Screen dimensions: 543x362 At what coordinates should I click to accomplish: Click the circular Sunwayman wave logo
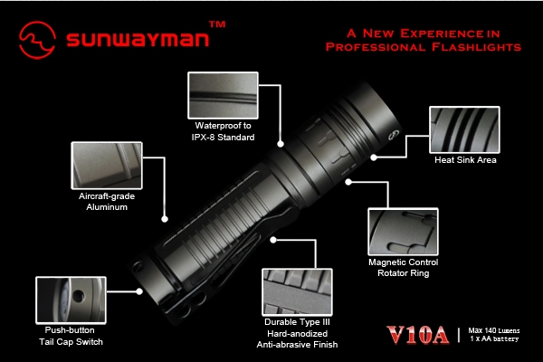coord(37,40)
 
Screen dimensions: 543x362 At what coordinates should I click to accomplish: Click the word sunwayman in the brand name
coord(138,38)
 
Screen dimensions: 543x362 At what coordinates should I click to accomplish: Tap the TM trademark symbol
coord(217,24)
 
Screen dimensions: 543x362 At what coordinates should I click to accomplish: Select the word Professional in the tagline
coord(376,47)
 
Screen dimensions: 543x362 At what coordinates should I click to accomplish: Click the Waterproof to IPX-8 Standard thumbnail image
coord(223,95)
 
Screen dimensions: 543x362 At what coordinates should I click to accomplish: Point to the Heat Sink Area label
coord(465,159)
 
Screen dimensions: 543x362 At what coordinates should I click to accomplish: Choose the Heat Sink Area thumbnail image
coord(464,129)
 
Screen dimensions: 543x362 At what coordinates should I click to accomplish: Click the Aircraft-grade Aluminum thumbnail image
coord(107,166)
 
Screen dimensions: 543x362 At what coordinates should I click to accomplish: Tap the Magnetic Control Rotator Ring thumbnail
coord(403,232)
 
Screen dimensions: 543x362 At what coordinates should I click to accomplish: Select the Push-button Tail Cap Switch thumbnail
coord(71,300)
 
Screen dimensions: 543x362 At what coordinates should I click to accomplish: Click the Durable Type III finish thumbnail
coord(297,292)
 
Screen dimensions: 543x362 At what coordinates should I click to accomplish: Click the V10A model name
coord(418,335)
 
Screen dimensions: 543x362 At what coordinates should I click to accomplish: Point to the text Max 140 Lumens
coord(494,330)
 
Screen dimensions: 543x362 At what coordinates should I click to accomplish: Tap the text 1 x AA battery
coord(494,338)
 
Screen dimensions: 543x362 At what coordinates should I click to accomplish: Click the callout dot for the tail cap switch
coord(139,291)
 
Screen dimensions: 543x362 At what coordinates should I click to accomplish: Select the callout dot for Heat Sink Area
coord(374,157)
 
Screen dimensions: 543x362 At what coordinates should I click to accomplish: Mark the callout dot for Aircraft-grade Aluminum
coord(165,219)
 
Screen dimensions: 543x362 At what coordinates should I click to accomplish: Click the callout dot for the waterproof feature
coord(281,144)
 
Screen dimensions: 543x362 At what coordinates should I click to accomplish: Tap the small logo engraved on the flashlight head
coord(394,135)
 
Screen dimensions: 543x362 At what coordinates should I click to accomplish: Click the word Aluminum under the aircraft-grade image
coord(107,207)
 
